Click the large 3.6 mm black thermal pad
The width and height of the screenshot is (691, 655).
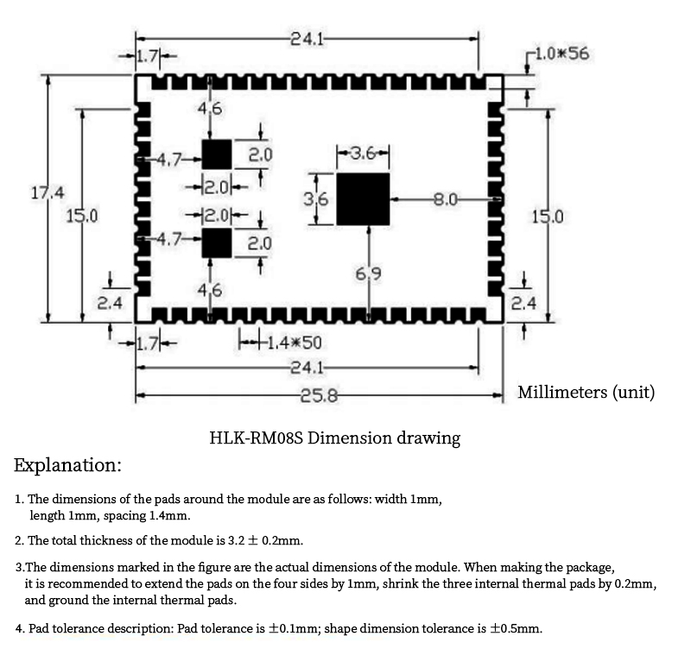click(363, 199)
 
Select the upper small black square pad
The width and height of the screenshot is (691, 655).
click(217, 154)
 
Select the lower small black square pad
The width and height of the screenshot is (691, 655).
click(217, 242)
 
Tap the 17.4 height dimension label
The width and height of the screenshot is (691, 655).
click(48, 192)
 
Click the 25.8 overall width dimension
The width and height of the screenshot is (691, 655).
click(319, 396)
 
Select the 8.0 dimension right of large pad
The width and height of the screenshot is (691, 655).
click(446, 199)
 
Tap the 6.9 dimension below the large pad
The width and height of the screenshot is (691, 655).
click(369, 274)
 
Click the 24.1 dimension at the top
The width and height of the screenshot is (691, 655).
click(307, 40)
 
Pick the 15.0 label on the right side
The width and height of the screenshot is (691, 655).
click(547, 217)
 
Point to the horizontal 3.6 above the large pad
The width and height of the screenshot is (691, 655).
click(363, 154)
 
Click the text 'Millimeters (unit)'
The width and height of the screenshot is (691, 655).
click(586, 392)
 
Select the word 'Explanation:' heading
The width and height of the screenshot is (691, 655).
click(67, 465)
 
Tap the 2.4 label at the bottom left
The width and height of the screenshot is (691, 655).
click(110, 303)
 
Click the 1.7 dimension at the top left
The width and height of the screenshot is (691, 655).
click(147, 56)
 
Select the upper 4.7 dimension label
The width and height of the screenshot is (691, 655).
click(168, 160)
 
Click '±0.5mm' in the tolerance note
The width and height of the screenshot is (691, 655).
click(516, 628)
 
